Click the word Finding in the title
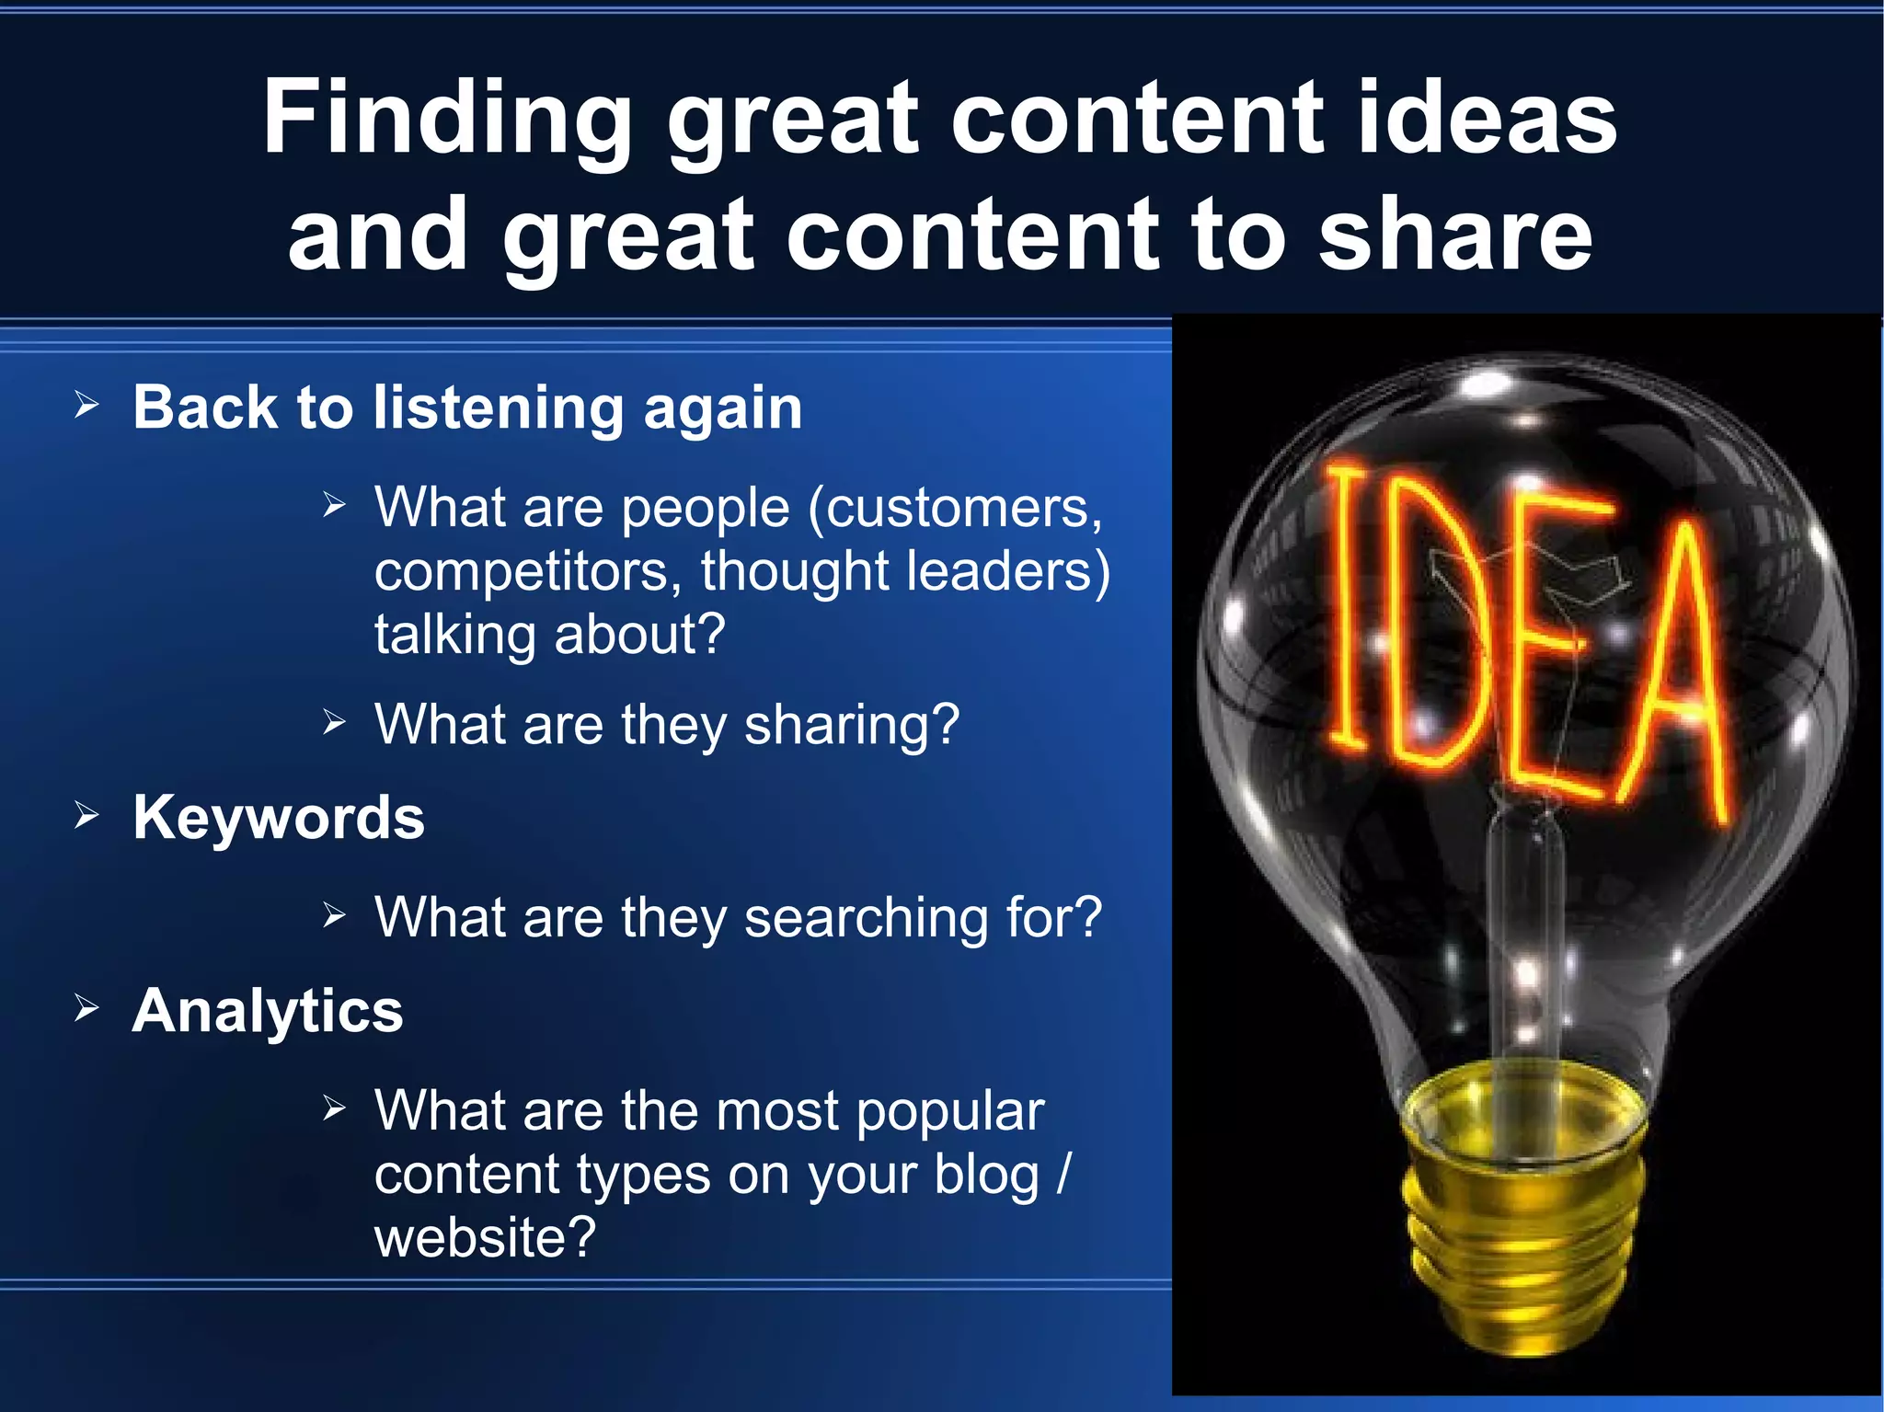coord(447,120)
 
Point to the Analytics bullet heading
coord(268,1010)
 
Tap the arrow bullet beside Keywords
coord(86,814)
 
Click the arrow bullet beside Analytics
coord(86,1007)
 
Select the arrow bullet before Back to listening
coord(86,404)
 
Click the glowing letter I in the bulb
coord(1348,607)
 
